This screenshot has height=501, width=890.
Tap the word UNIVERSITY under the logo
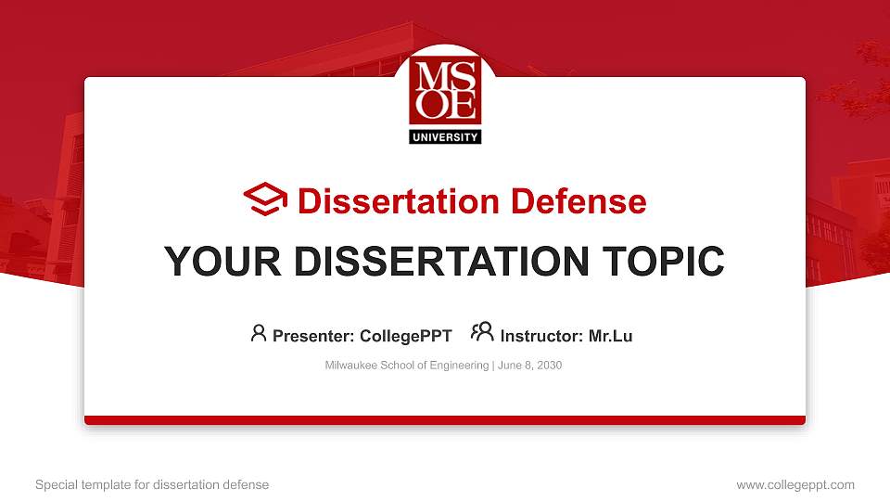(x=445, y=137)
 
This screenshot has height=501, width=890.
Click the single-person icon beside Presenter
(x=259, y=333)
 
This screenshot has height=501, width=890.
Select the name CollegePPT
(x=406, y=336)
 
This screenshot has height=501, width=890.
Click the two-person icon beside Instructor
(x=482, y=332)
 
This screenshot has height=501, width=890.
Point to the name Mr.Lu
(x=610, y=336)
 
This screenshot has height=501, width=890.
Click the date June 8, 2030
(x=529, y=366)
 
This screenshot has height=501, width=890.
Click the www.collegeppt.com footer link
(x=795, y=484)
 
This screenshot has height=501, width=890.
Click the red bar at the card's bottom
(x=445, y=420)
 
